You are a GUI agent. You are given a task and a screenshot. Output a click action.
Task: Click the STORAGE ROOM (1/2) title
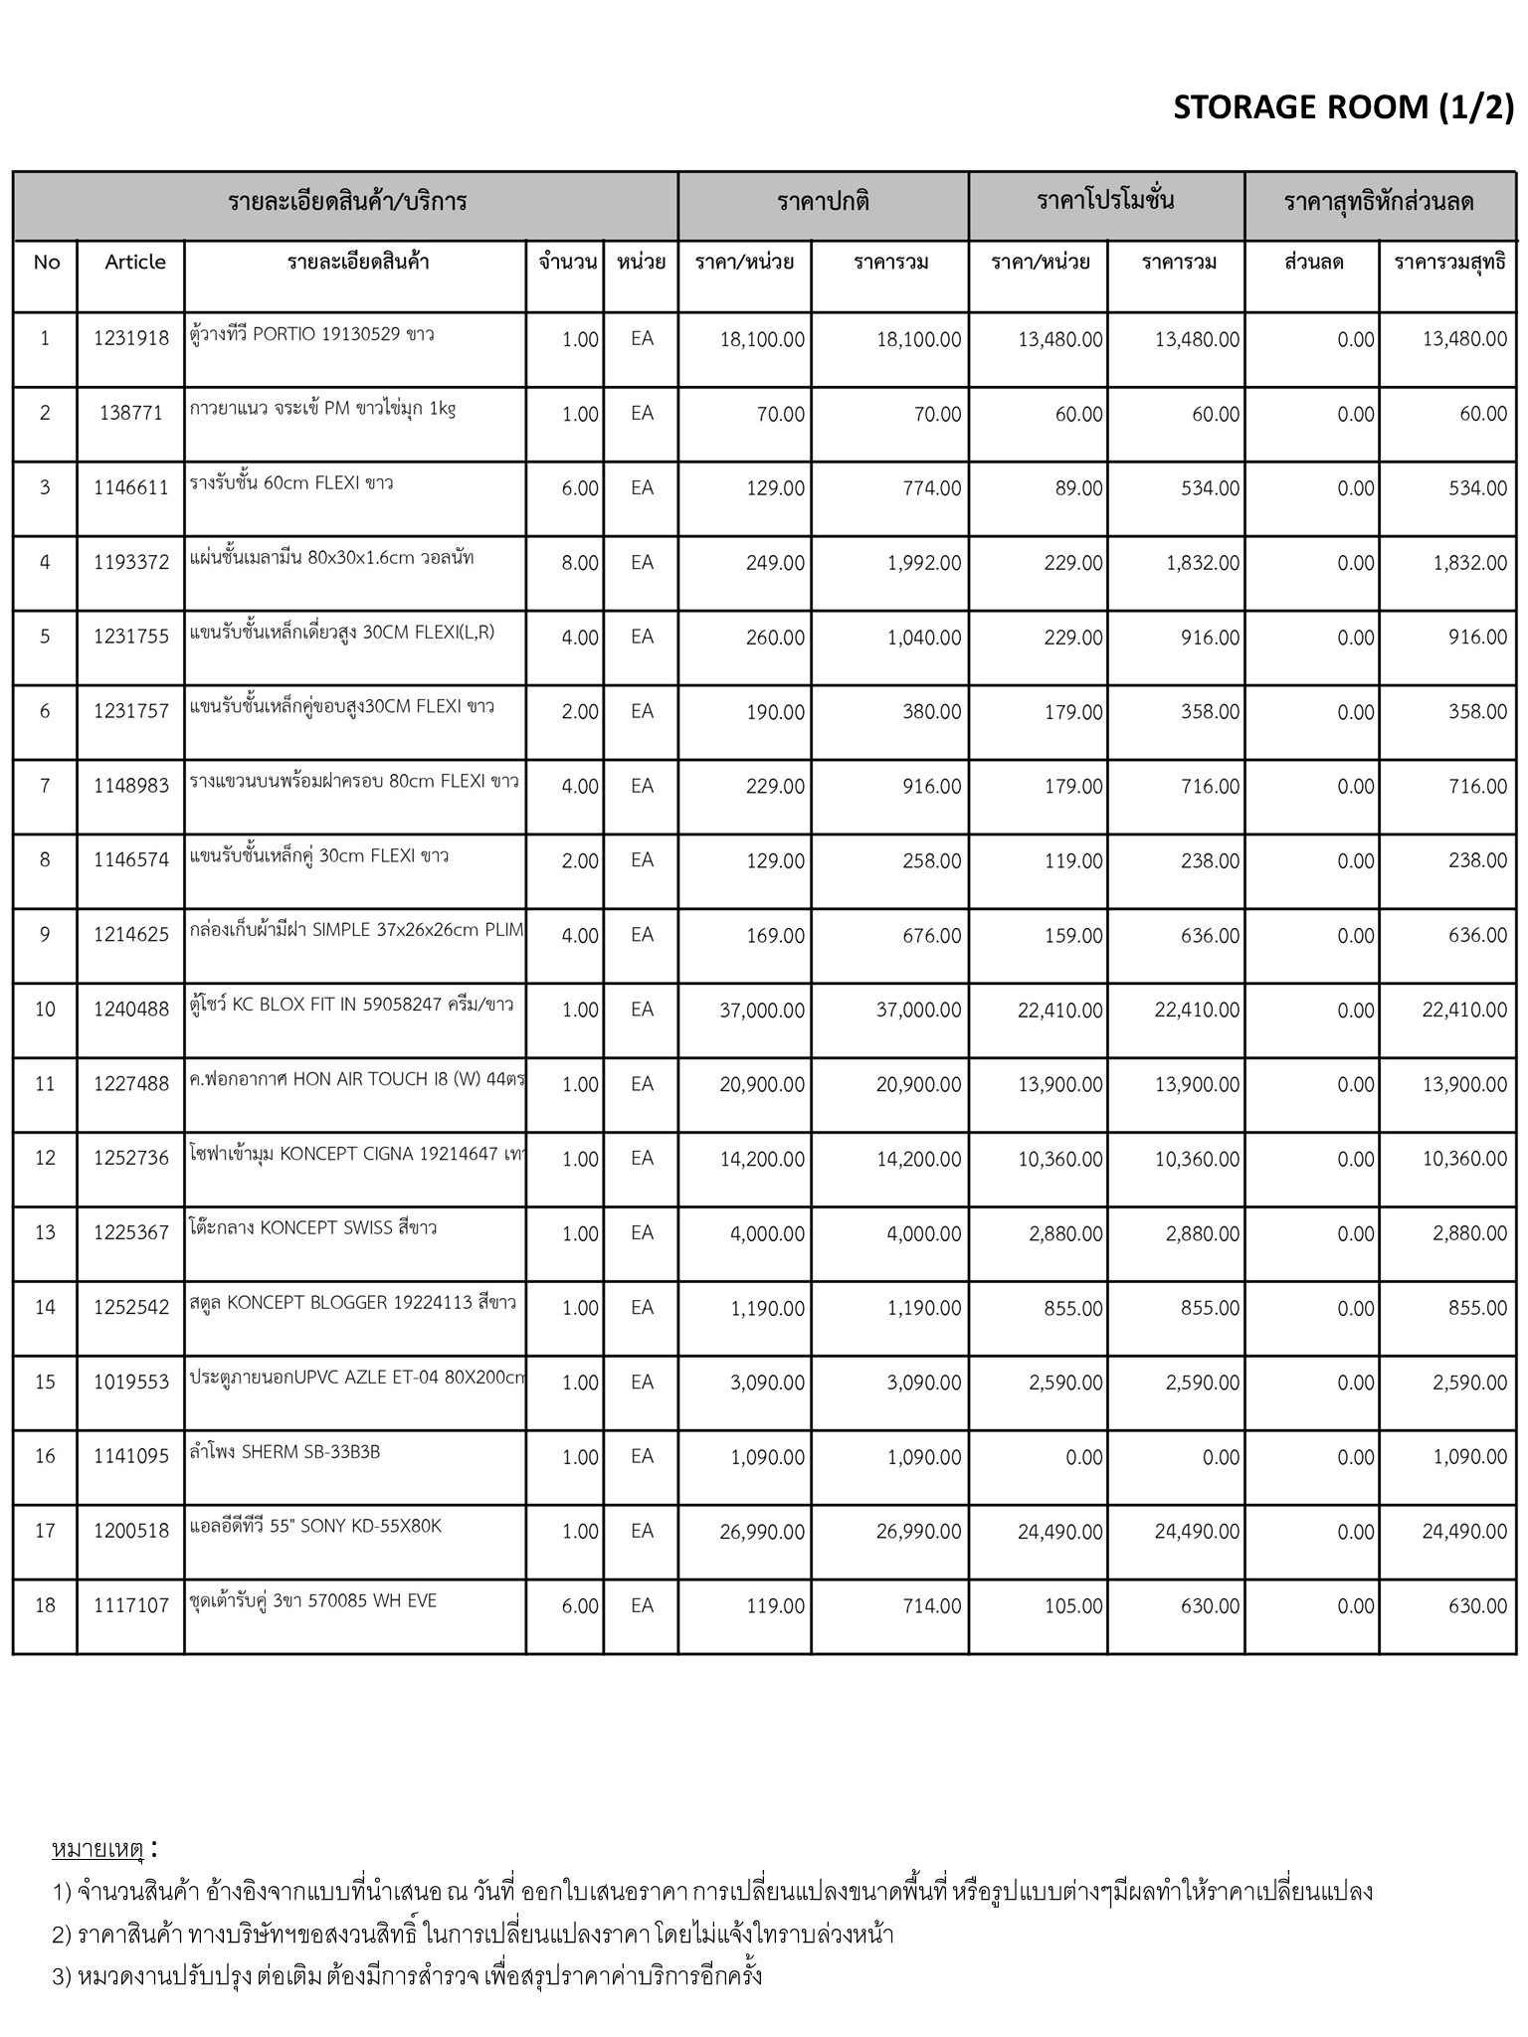(1343, 106)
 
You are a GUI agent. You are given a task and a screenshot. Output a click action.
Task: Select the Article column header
(135, 263)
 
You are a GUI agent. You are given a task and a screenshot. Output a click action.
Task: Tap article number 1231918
(131, 339)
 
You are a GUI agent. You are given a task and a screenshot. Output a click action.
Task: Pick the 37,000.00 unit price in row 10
(762, 1011)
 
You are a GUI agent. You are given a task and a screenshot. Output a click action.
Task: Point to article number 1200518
(131, 1532)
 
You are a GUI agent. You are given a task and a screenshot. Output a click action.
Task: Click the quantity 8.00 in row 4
(580, 563)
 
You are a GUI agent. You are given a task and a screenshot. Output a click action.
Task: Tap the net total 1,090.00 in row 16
(1464, 1457)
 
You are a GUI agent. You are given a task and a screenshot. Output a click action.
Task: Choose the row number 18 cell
(45, 1606)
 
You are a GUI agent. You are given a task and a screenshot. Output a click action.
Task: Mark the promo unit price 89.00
(1079, 488)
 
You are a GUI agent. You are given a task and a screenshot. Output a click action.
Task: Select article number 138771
(131, 414)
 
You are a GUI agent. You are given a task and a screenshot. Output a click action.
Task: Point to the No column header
(46, 263)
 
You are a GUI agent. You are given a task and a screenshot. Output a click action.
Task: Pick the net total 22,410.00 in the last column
(1464, 1011)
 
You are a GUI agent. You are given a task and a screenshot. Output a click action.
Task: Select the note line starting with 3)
(408, 1975)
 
